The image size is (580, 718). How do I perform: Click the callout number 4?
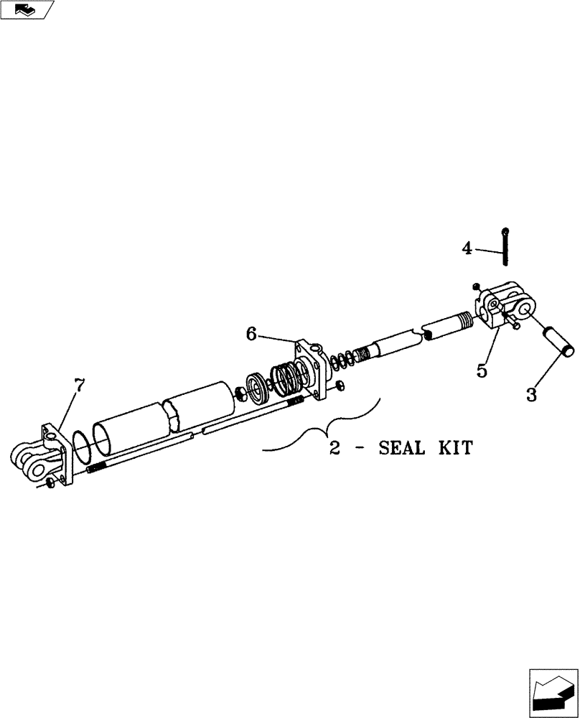pyautogui.click(x=467, y=248)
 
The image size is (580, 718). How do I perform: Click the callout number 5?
pyautogui.click(x=482, y=371)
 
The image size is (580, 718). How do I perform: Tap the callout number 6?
pyautogui.click(x=251, y=333)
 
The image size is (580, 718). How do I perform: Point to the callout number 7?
pyautogui.click(x=78, y=385)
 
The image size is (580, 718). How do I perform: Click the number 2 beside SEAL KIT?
pyautogui.click(x=335, y=449)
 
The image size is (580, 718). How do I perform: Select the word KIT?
pyautogui.click(x=455, y=449)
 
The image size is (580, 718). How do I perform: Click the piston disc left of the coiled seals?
pyautogui.click(x=256, y=388)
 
